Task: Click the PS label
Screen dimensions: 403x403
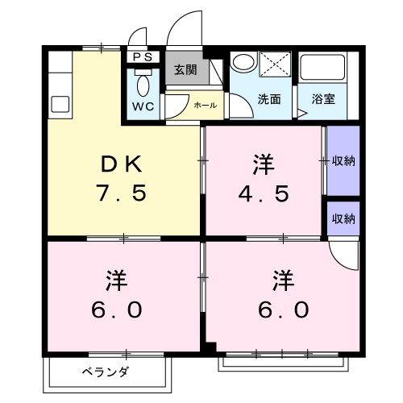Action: pos(142,57)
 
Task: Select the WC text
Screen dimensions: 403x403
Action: pos(143,106)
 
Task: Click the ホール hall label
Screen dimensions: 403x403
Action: pos(204,105)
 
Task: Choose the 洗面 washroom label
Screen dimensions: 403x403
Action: pos(268,99)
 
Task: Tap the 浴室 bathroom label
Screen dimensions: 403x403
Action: pos(323,99)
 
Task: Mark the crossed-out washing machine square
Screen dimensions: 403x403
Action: pos(275,65)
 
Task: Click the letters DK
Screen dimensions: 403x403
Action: pos(123,165)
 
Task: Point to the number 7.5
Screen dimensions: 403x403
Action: pos(123,193)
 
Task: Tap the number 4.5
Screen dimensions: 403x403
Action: pos(263,193)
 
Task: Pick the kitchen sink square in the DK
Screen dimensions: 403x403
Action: pos(60,104)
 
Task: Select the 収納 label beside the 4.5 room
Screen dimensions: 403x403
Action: pos(343,160)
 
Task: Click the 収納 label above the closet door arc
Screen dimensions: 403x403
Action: pos(343,218)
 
